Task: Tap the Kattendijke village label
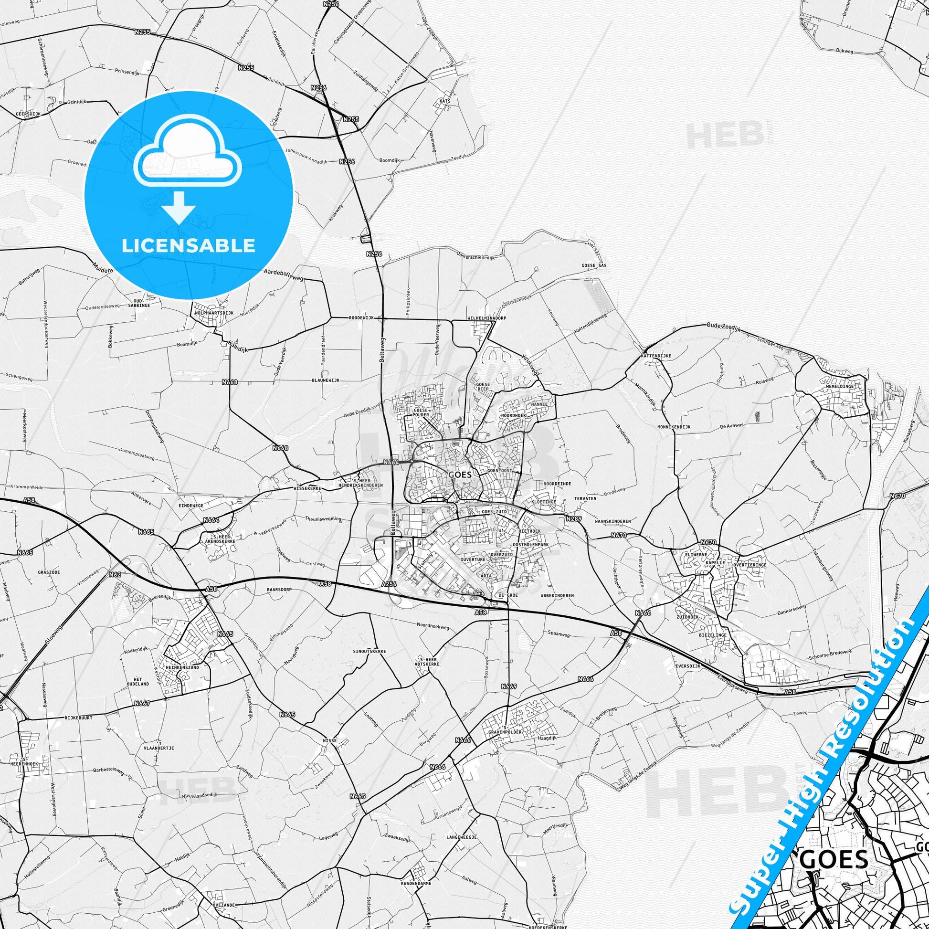655,356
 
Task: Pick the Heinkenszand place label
185,666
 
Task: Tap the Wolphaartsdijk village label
214,313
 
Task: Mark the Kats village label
445,102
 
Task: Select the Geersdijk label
28,114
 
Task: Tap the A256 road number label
389,584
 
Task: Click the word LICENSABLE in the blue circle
188,246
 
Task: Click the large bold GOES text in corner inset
835,845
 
